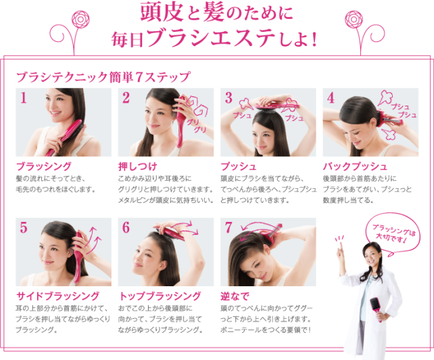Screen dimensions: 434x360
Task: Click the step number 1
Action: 24,97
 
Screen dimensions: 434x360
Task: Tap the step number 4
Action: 331,97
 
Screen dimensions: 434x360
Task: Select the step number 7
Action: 228,227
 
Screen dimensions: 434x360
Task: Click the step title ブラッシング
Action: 44,166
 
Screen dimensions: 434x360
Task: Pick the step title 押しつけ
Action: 138,166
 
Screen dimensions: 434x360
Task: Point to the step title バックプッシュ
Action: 355,166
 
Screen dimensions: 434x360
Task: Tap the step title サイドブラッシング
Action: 57,296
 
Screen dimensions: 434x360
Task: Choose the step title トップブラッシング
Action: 160,296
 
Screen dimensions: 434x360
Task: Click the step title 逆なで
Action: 235,296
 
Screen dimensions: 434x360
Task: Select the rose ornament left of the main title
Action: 80,20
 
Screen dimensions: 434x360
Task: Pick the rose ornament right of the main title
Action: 354,20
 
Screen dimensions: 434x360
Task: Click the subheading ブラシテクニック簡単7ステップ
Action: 103,76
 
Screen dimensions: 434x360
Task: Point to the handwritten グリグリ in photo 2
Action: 197,126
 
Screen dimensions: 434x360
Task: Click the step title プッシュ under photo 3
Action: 239,166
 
